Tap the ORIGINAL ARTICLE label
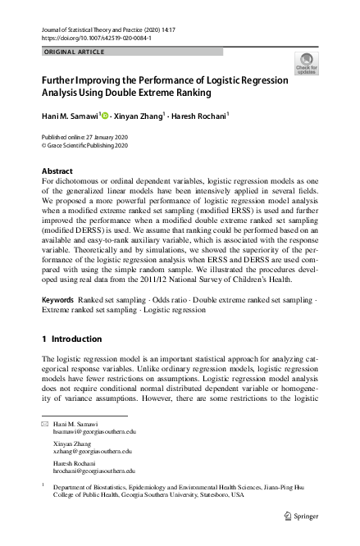click(73, 52)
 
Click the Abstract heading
click(57, 171)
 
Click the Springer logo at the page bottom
click(302, 516)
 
